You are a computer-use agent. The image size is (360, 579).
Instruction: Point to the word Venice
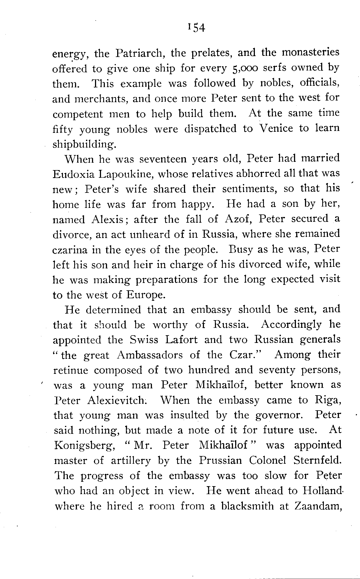coord(276,128)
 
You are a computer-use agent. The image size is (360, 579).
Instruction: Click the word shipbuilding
coord(84,144)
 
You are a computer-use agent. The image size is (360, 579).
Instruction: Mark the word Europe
coord(146,295)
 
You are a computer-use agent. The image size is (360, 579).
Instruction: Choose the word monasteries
coord(310,52)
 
